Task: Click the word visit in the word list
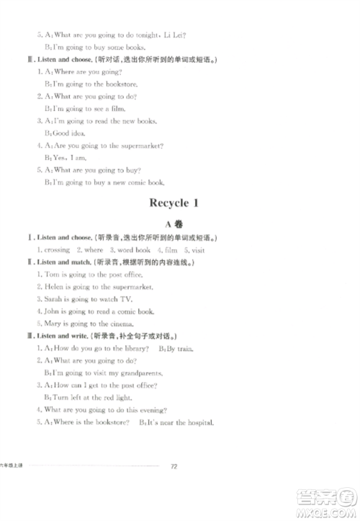coord(198,249)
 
